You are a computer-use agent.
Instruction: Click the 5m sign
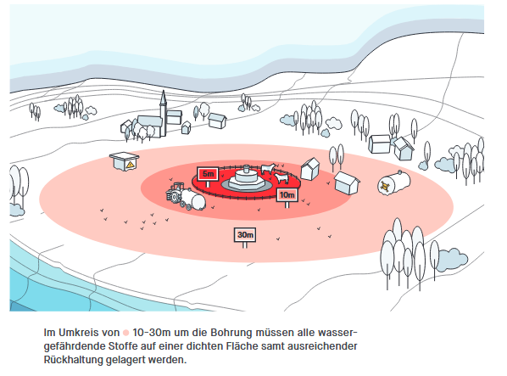pos(208,175)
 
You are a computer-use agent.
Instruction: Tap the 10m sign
pos(287,195)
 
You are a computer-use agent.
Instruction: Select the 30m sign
pos(245,235)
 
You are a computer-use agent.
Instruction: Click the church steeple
pos(164,113)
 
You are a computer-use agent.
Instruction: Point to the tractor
pos(175,194)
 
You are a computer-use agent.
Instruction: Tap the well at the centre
pos(247,180)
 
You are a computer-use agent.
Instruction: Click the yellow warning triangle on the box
pos(131,165)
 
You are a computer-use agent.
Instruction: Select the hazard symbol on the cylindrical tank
pos(385,186)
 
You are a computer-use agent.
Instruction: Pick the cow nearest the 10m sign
pos(281,177)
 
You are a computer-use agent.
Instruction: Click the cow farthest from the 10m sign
pos(268,168)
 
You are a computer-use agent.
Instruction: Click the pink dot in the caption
pos(125,333)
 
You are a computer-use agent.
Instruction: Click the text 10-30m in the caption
pos(151,333)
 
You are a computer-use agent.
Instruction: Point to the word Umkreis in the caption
pos(79,333)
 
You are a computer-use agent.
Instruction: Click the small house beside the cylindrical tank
pos(347,182)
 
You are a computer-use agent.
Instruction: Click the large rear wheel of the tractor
pos(172,196)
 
